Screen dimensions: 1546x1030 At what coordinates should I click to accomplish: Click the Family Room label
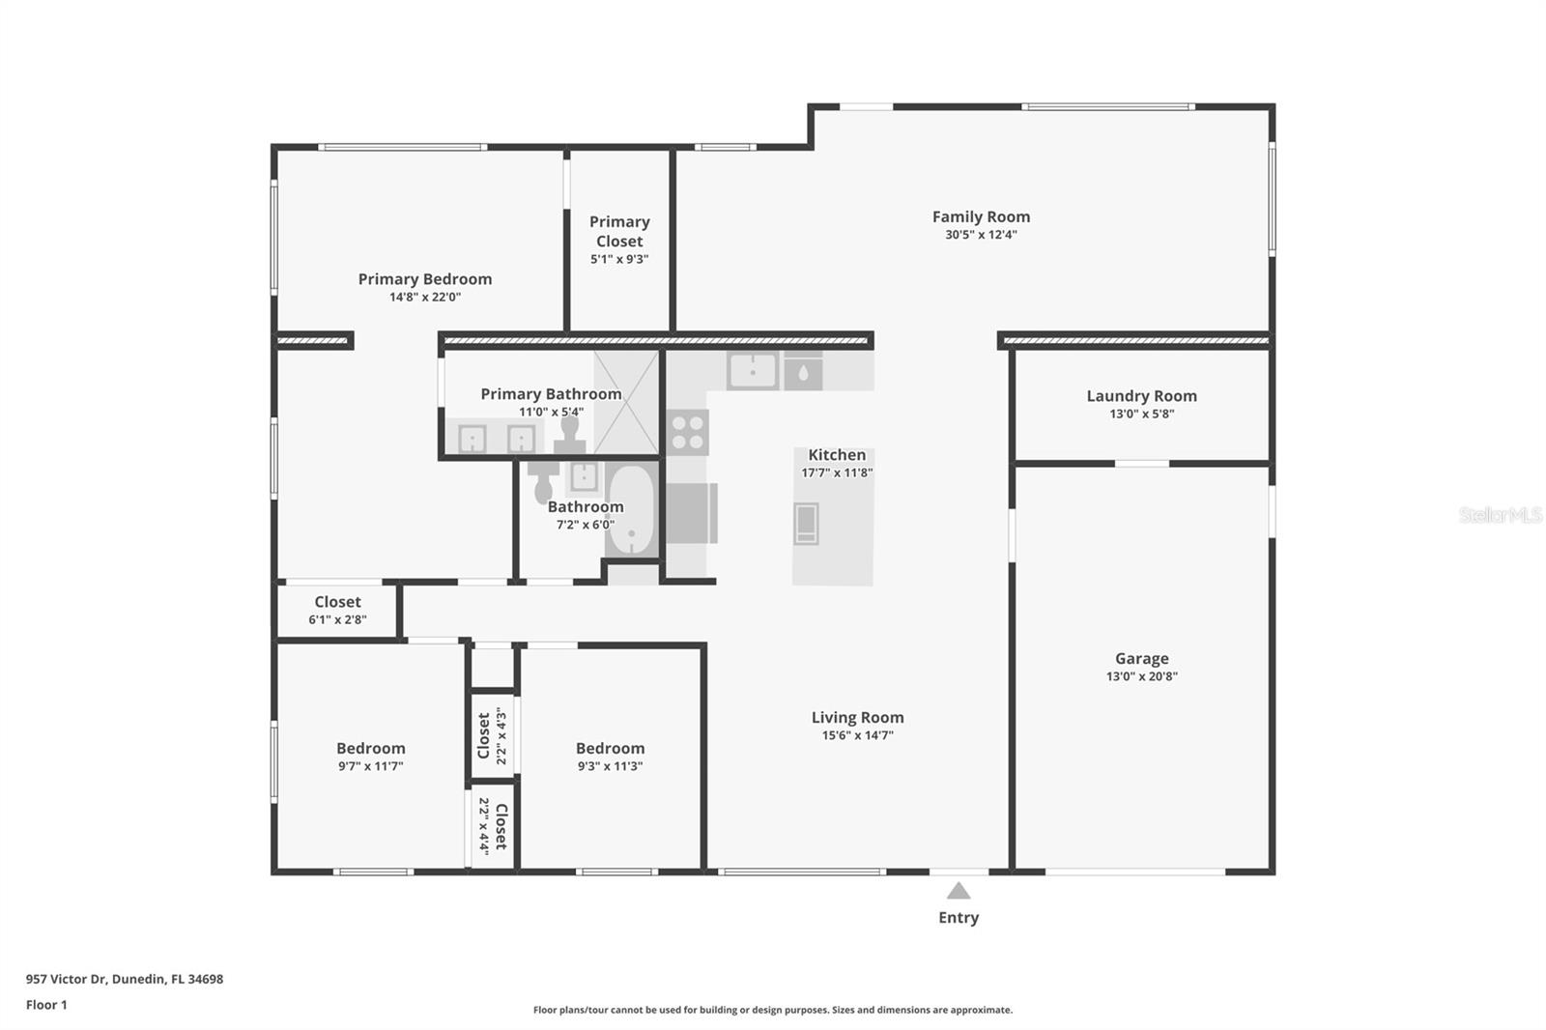pyautogui.click(x=981, y=216)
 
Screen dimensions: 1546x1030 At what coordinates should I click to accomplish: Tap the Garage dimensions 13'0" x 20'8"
pyautogui.click(x=1141, y=676)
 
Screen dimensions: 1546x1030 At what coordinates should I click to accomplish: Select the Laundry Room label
pyautogui.click(x=1141, y=396)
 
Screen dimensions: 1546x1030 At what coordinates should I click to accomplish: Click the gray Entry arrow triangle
pyautogui.click(x=958, y=891)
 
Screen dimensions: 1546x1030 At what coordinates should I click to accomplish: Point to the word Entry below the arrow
pyautogui.click(x=958, y=918)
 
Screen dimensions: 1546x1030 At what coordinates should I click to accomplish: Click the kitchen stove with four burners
pyautogui.click(x=687, y=432)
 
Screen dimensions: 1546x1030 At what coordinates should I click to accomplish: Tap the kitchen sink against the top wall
pyautogui.click(x=753, y=371)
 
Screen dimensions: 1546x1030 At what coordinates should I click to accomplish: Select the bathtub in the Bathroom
pyautogui.click(x=632, y=510)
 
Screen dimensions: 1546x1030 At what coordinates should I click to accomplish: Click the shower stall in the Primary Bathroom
pyautogui.click(x=626, y=402)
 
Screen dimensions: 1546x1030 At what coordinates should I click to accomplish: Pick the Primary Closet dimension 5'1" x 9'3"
pyautogui.click(x=619, y=260)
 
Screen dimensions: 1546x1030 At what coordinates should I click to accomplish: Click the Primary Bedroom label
pyautogui.click(x=424, y=279)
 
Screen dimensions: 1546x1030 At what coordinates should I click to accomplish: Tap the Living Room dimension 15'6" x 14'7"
pyautogui.click(x=857, y=735)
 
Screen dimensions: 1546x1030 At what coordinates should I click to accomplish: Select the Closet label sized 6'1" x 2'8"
pyautogui.click(x=337, y=602)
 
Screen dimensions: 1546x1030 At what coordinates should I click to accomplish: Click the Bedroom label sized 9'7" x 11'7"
pyautogui.click(x=371, y=748)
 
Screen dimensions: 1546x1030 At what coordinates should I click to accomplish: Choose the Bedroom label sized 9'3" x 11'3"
pyautogui.click(x=610, y=748)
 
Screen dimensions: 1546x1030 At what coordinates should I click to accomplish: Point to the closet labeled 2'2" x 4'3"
pyautogui.click(x=492, y=736)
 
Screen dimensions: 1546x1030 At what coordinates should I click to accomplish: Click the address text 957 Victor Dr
pyautogui.click(x=66, y=979)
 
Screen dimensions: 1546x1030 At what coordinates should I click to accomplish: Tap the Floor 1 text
pyautogui.click(x=46, y=1005)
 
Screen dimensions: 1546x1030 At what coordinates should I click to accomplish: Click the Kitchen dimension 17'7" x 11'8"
pyautogui.click(x=837, y=472)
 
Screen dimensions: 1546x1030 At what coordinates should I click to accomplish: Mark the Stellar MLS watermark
pyautogui.click(x=1501, y=515)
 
